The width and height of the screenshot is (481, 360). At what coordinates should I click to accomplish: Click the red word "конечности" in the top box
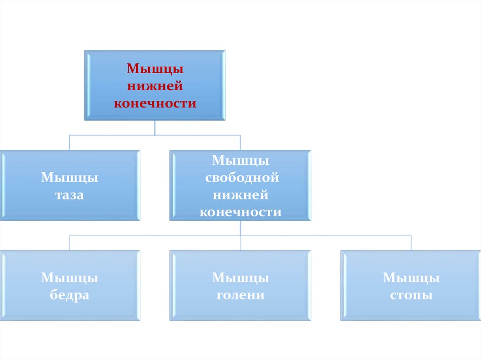coord(155,103)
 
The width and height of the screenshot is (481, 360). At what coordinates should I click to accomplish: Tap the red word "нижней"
coord(155,86)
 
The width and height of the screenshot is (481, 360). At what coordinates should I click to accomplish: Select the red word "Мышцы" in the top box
coord(155,69)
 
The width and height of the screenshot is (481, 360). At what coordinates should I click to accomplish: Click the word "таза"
coord(70,195)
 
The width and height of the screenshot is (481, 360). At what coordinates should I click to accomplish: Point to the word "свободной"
coord(240,178)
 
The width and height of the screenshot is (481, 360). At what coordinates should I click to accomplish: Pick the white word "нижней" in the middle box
coord(240,195)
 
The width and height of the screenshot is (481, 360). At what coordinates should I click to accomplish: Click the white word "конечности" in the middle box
coord(240,212)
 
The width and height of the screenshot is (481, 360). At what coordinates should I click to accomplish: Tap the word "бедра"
coord(70,296)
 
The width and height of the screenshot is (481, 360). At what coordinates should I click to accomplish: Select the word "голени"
coord(240,296)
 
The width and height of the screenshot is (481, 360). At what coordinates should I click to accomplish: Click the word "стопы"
coord(411,296)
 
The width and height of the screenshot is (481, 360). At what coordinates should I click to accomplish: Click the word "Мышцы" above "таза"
coord(70,178)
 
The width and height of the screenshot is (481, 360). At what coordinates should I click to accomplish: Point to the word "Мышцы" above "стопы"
coord(411,278)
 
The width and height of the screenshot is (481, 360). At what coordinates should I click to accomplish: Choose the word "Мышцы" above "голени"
coord(240,278)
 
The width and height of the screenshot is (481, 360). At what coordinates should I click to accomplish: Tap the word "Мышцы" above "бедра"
coord(70,278)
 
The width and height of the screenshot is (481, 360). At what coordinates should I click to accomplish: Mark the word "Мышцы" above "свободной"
coord(240,161)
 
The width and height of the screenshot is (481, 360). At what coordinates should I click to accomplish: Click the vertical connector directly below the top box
coord(155,128)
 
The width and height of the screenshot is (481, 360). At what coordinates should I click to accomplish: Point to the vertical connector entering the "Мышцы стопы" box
coord(411,243)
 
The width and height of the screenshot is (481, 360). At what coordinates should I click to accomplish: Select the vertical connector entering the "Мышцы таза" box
coord(70,143)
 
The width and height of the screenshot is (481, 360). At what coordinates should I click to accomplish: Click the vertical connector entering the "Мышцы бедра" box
coord(70,243)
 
